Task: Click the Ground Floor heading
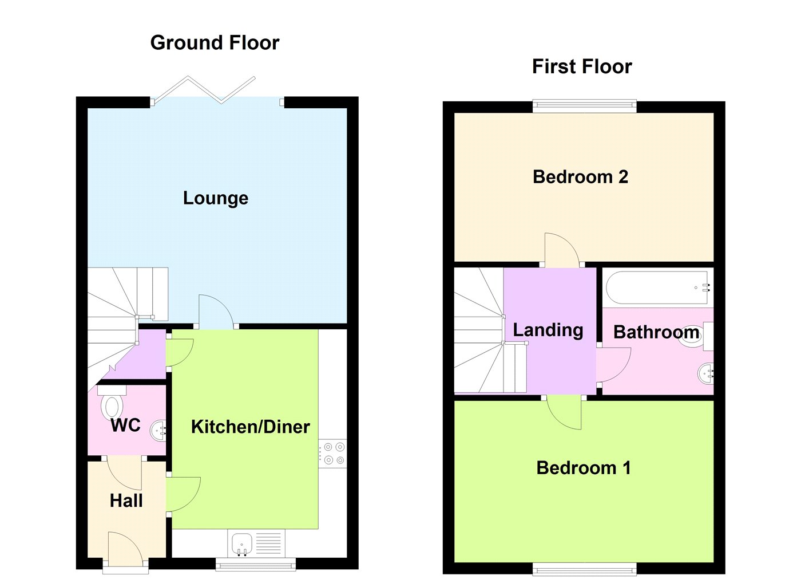215,43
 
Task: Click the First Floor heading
582,66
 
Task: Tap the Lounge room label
216,198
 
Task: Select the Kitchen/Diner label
251,427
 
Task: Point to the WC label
125,425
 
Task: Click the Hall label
126,501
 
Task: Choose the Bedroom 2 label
580,177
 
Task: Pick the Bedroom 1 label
584,468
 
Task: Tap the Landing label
548,330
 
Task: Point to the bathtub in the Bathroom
658,287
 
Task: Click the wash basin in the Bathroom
705,373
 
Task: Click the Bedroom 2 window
584,107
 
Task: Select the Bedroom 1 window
584,569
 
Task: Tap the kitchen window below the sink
256,565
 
